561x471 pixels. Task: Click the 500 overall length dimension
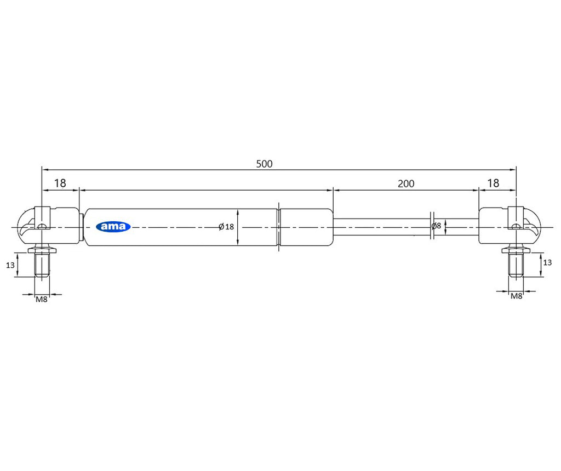(x=265, y=164)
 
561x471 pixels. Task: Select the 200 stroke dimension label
(x=406, y=183)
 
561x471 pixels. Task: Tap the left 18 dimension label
(x=60, y=183)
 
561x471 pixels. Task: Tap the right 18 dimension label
(x=493, y=183)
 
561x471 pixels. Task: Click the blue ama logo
(x=113, y=226)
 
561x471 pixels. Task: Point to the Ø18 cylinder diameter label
(x=226, y=227)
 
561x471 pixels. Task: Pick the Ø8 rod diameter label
(x=437, y=226)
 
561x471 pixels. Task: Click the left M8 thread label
(x=42, y=300)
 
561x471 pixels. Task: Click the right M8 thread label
(x=516, y=296)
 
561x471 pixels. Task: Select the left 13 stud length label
(x=10, y=265)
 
